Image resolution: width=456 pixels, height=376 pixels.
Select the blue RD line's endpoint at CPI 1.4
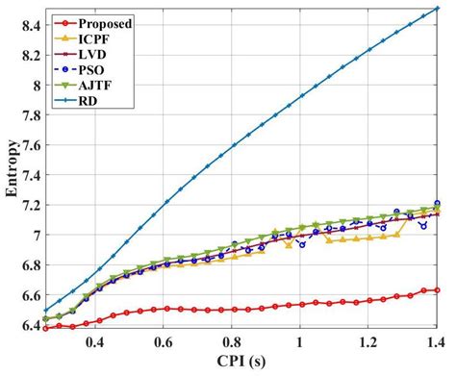pos(437,9)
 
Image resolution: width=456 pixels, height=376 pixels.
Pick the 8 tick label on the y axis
pos(33,85)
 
